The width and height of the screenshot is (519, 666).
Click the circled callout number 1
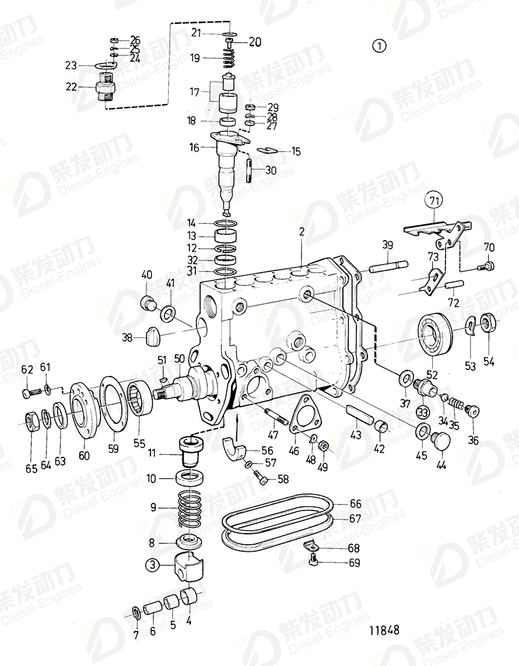(380, 46)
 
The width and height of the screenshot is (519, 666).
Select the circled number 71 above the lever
(433, 201)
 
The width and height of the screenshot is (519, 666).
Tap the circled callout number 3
(152, 564)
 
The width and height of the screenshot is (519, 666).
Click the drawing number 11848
(384, 630)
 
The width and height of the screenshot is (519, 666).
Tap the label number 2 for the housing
(301, 232)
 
